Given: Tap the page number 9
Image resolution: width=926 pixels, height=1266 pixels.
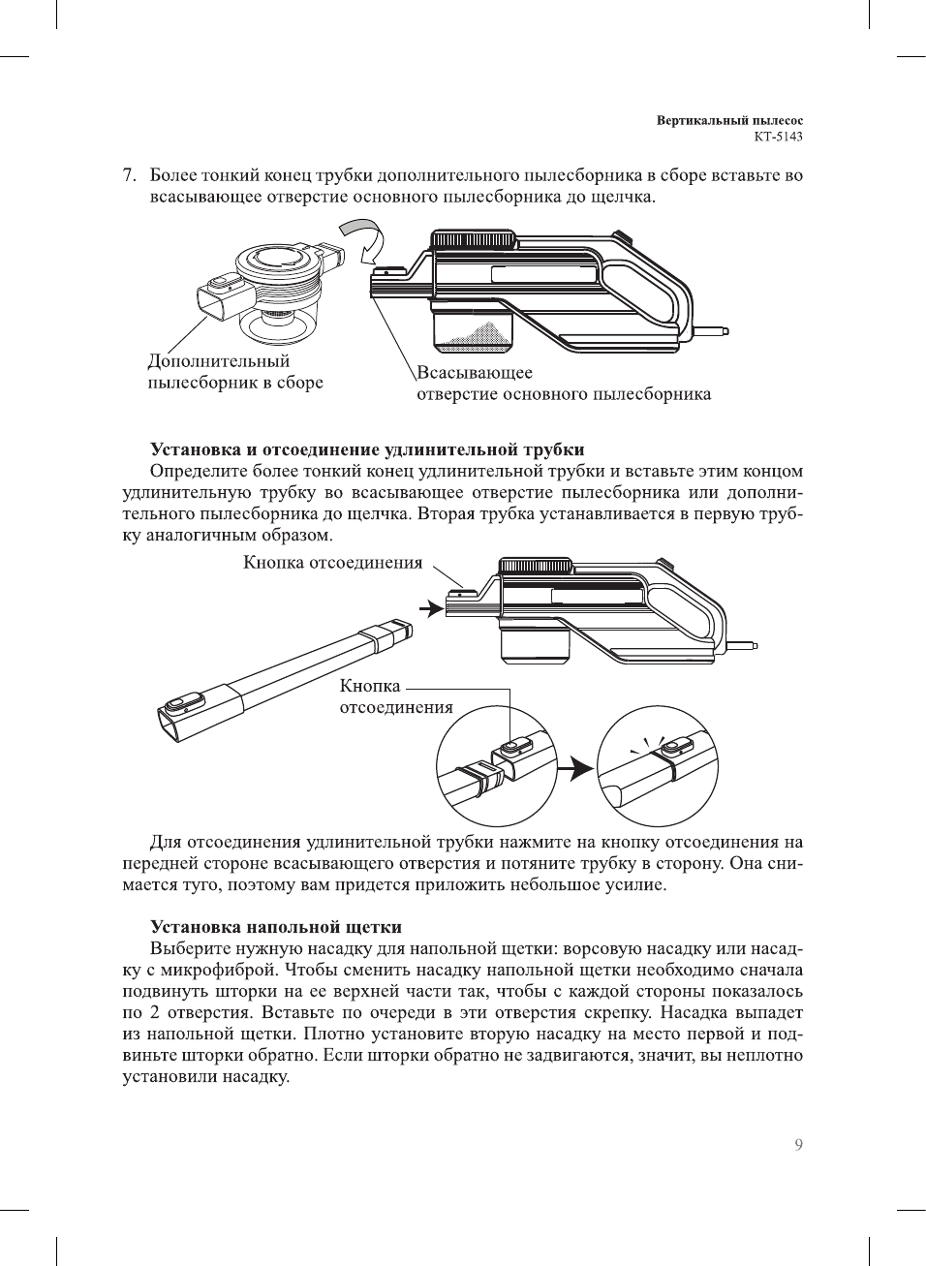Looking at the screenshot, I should tap(798, 1145).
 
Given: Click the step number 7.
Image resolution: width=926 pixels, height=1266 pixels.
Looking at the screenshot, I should tap(128, 176).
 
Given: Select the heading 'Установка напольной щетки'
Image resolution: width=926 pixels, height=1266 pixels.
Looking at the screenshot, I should tap(275, 927).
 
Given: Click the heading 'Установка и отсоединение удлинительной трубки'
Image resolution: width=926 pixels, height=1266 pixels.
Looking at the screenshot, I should tap(367, 449).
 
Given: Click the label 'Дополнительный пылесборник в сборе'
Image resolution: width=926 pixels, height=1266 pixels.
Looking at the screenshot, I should tap(234, 372).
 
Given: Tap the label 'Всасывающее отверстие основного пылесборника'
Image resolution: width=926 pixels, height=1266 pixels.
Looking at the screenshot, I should tap(563, 384).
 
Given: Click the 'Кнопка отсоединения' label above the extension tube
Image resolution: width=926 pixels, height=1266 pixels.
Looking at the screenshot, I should tap(332, 563).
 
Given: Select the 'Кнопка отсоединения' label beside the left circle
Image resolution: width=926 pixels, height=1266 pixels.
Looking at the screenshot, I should tap(395, 696).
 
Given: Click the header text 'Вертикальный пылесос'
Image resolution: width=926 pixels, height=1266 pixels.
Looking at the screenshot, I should tap(729, 121).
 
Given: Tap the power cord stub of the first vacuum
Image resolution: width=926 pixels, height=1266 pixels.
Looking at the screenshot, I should tap(712, 330).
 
